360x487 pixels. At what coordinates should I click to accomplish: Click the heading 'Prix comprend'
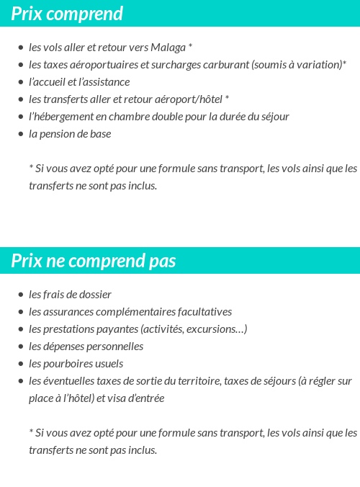point(67,14)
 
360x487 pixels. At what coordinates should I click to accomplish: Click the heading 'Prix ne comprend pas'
point(93,261)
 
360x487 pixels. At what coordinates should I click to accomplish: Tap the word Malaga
point(168,48)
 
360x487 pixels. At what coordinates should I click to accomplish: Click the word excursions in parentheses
point(217,329)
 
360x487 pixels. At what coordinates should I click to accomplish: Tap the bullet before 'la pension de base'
point(20,134)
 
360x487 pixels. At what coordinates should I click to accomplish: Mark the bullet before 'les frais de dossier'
point(20,295)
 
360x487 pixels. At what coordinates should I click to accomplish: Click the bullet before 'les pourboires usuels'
point(20,364)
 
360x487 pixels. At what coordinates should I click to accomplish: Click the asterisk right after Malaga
point(190,47)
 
